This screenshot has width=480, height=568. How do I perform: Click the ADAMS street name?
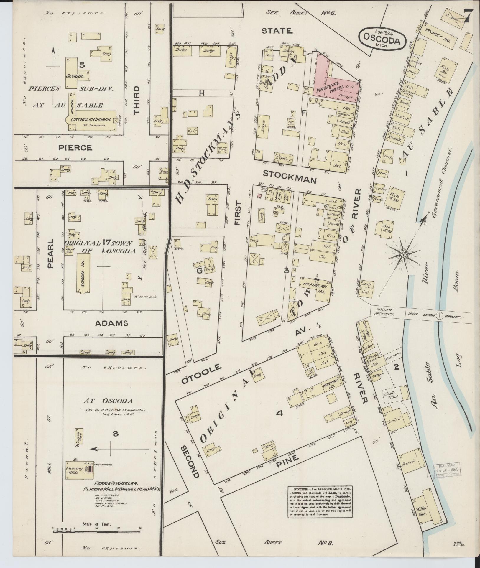pos(112,323)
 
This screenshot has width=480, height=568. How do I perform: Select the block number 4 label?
pos(280,413)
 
